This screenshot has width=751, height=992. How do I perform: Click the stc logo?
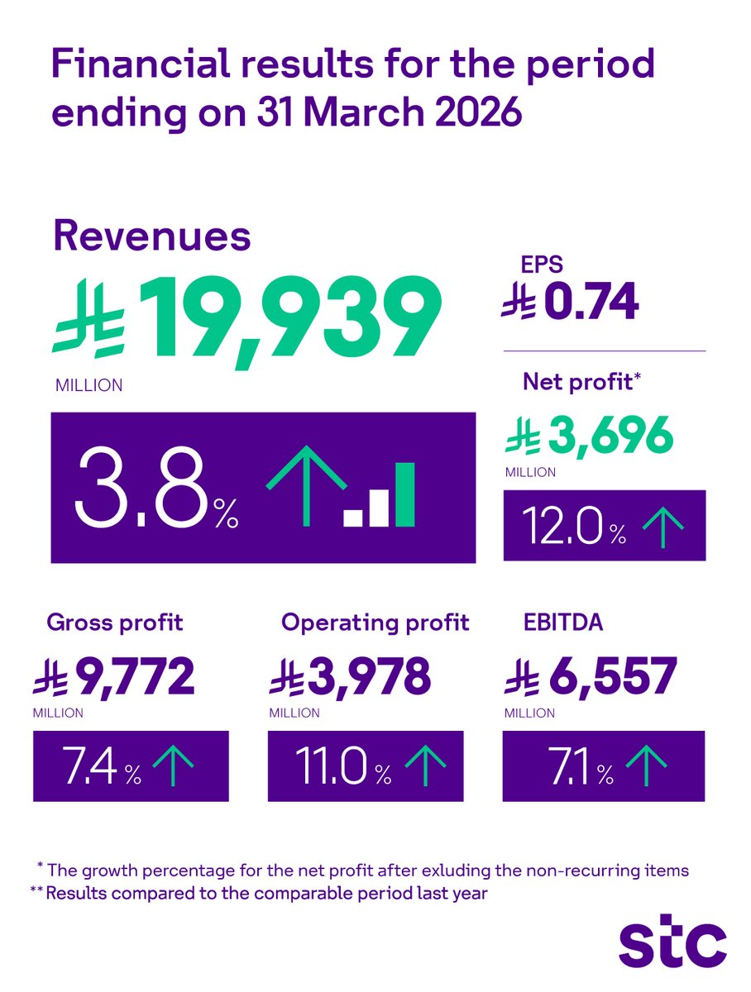coord(672,944)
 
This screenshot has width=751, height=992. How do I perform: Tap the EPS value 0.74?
coord(591,305)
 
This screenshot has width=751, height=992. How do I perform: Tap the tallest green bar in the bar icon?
coord(404,494)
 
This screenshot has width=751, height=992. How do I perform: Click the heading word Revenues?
coord(151,236)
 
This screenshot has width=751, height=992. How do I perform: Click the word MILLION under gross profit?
coord(58,713)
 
